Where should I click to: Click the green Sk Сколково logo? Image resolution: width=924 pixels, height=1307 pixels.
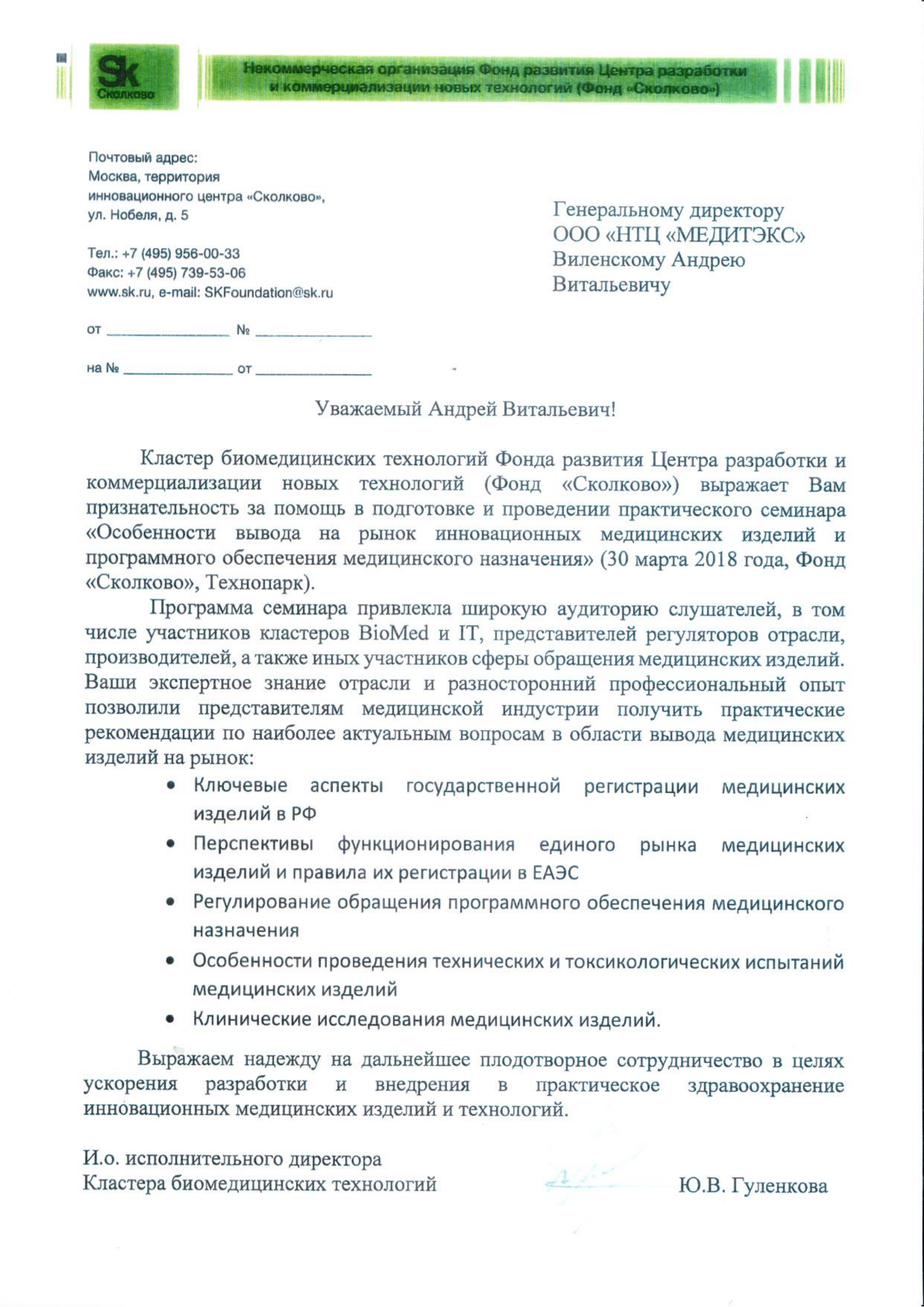[134, 77]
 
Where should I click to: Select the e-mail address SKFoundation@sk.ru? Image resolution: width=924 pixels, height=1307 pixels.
[268, 293]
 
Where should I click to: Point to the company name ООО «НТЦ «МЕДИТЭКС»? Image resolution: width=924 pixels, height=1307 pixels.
[679, 235]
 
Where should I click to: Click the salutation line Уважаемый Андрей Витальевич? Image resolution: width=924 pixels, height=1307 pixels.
[465, 409]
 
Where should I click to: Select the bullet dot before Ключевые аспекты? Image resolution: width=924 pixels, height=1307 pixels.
[170, 786]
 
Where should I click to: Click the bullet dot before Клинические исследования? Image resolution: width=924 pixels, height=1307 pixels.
[170, 1020]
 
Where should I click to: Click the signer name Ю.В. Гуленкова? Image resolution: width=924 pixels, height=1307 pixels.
[752, 1186]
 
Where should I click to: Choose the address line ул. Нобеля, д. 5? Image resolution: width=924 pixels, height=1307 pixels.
[138, 216]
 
